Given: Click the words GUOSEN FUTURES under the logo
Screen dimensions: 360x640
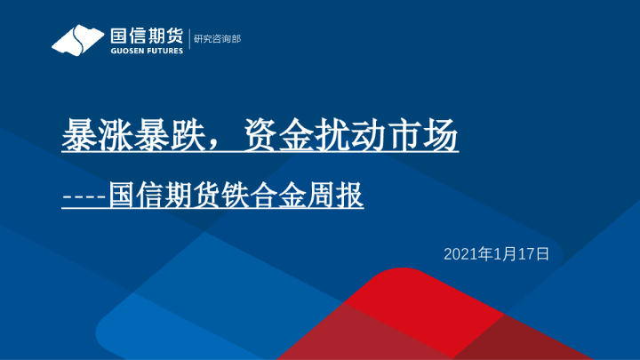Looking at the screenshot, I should click(x=147, y=51).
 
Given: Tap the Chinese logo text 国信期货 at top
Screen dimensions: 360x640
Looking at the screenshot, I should click(x=147, y=36).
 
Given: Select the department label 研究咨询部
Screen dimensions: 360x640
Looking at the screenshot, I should click(x=217, y=39).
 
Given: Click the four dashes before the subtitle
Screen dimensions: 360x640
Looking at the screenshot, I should click(x=84, y=196).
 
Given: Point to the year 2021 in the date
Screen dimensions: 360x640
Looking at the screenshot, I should click(x=460, y=254).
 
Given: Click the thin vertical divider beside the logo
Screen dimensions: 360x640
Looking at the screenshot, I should click(x=189, y=40).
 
